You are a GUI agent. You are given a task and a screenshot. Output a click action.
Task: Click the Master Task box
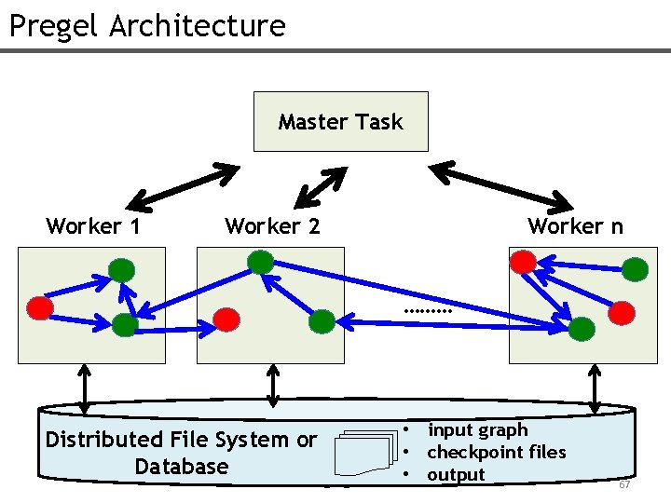(340, 121)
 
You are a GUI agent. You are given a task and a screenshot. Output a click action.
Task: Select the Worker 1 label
(93, 226)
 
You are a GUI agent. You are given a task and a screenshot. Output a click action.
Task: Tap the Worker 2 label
(272, 226)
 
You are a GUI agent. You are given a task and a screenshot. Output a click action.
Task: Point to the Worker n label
(575, 226)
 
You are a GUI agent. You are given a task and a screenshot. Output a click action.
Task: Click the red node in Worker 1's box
(40, 306)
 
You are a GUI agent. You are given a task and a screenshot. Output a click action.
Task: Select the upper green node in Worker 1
(122, 270)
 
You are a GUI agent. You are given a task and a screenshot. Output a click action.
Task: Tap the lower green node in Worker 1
(124, 324)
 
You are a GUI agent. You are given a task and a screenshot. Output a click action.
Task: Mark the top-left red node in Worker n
(525, 261)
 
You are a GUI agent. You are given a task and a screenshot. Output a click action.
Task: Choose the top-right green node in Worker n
(635, 270)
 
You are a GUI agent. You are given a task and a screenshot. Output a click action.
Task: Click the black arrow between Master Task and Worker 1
(183, 186)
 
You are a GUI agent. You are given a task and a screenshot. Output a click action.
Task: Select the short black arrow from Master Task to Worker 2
(321, 186)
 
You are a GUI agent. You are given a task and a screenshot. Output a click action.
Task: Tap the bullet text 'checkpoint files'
(496, 452)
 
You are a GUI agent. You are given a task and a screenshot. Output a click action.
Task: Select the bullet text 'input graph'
(477, 430)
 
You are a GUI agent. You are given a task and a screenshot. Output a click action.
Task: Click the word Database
(181, 466)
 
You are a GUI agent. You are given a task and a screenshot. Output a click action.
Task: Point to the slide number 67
(624, 485)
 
